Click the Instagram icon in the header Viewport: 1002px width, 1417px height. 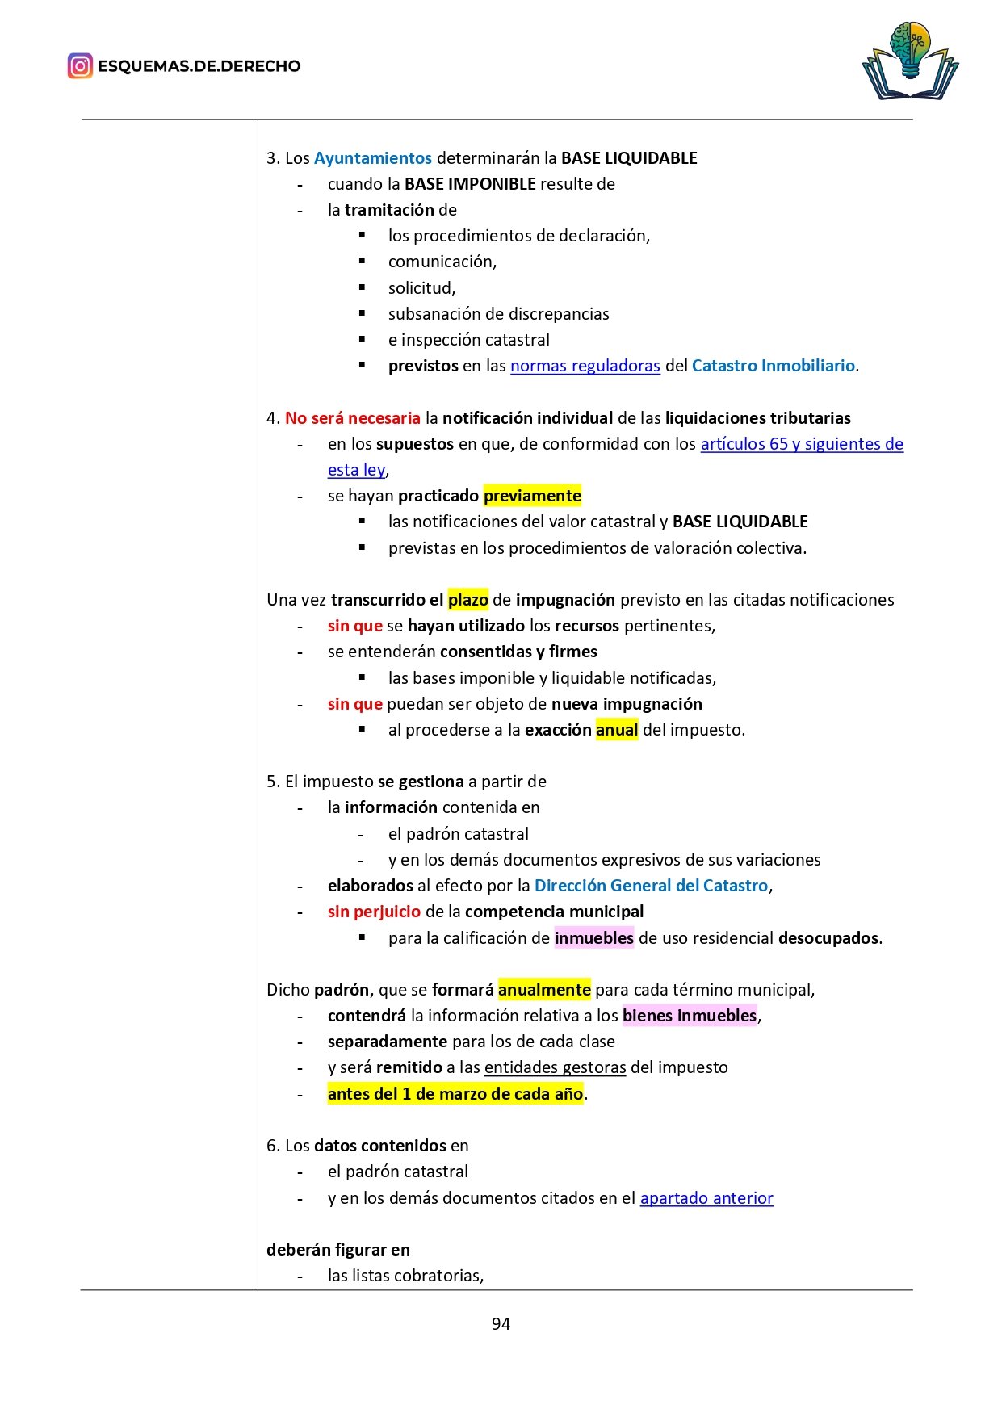tap(80, 66)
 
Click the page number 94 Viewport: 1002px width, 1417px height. tap(501, 1323)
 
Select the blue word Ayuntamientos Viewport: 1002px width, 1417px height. tap(372, 158)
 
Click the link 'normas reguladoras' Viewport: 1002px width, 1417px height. tap(585, 366)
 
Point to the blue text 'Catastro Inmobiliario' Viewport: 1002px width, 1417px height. tap(773, 366)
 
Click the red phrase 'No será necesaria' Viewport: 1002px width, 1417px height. tap(352, 418)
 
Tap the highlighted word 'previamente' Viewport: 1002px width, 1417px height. tap(532, 496)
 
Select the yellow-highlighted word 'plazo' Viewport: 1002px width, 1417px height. tap(467, 600)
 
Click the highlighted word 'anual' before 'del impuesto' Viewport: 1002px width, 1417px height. tap(617, 730)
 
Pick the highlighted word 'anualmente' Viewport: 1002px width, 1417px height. tap(544, 990)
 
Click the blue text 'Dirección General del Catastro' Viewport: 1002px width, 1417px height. tap(651, 886)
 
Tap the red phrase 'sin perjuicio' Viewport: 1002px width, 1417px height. tap(374, 912)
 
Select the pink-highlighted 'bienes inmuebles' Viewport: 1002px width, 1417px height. tap(690, 1016)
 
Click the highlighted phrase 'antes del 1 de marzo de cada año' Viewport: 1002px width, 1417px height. tap(455, 1094)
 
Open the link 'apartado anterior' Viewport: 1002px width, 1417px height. tap(706, 1198)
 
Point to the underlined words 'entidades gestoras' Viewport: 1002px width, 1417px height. tap(555, 1067)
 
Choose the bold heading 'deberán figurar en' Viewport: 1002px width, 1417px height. tap(338, 1250)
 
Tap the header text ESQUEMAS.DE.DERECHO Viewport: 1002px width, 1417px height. tap(199, 66)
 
